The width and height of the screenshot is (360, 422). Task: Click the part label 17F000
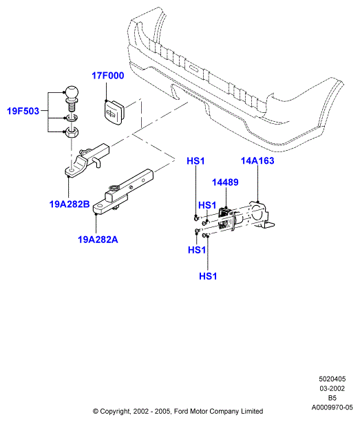pyautogui.click(x=108, y=76)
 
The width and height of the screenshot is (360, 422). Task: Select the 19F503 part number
pyautogui.click(x=23, y=111)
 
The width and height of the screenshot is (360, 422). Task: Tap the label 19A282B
pyautogui.click(x=70, y=204)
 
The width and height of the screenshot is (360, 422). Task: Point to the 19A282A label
pyautogui.click(x=98, y=240)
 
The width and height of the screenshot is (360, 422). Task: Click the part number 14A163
pyautogui.click(x=257, y=160)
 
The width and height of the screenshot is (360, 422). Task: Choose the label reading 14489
pyautogui.click(x=225, y=182)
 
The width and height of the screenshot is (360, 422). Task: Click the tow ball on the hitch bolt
pyautogui.click(x=72, y=93)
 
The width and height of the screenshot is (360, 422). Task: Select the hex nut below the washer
pyautogui.click(x=72, y=132)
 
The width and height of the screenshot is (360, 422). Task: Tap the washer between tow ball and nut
pyautogui.click(x=72, y=118)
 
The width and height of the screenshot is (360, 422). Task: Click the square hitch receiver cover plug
pyautogui.click(x=114, y=112)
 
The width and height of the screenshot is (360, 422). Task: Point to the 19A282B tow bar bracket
pyautogui.click(x=87, y=160)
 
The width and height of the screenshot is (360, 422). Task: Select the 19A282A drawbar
pyautogui.click(x=123, y=191)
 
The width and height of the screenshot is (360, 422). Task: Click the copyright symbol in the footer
pyautogui.click(x=96, y=411)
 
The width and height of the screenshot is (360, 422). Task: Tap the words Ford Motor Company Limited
pyautogui.click(x=218, y=411)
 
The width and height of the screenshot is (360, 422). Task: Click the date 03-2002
pyautogui.click(x=332, y=388)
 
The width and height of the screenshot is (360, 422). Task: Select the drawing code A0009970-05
pyautogui.click(x=332, y=407)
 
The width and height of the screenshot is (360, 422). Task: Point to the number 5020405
pyautogui.click(x=332, y=379)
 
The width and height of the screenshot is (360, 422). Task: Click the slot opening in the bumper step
pyautogui.click(x=194, y=68)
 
